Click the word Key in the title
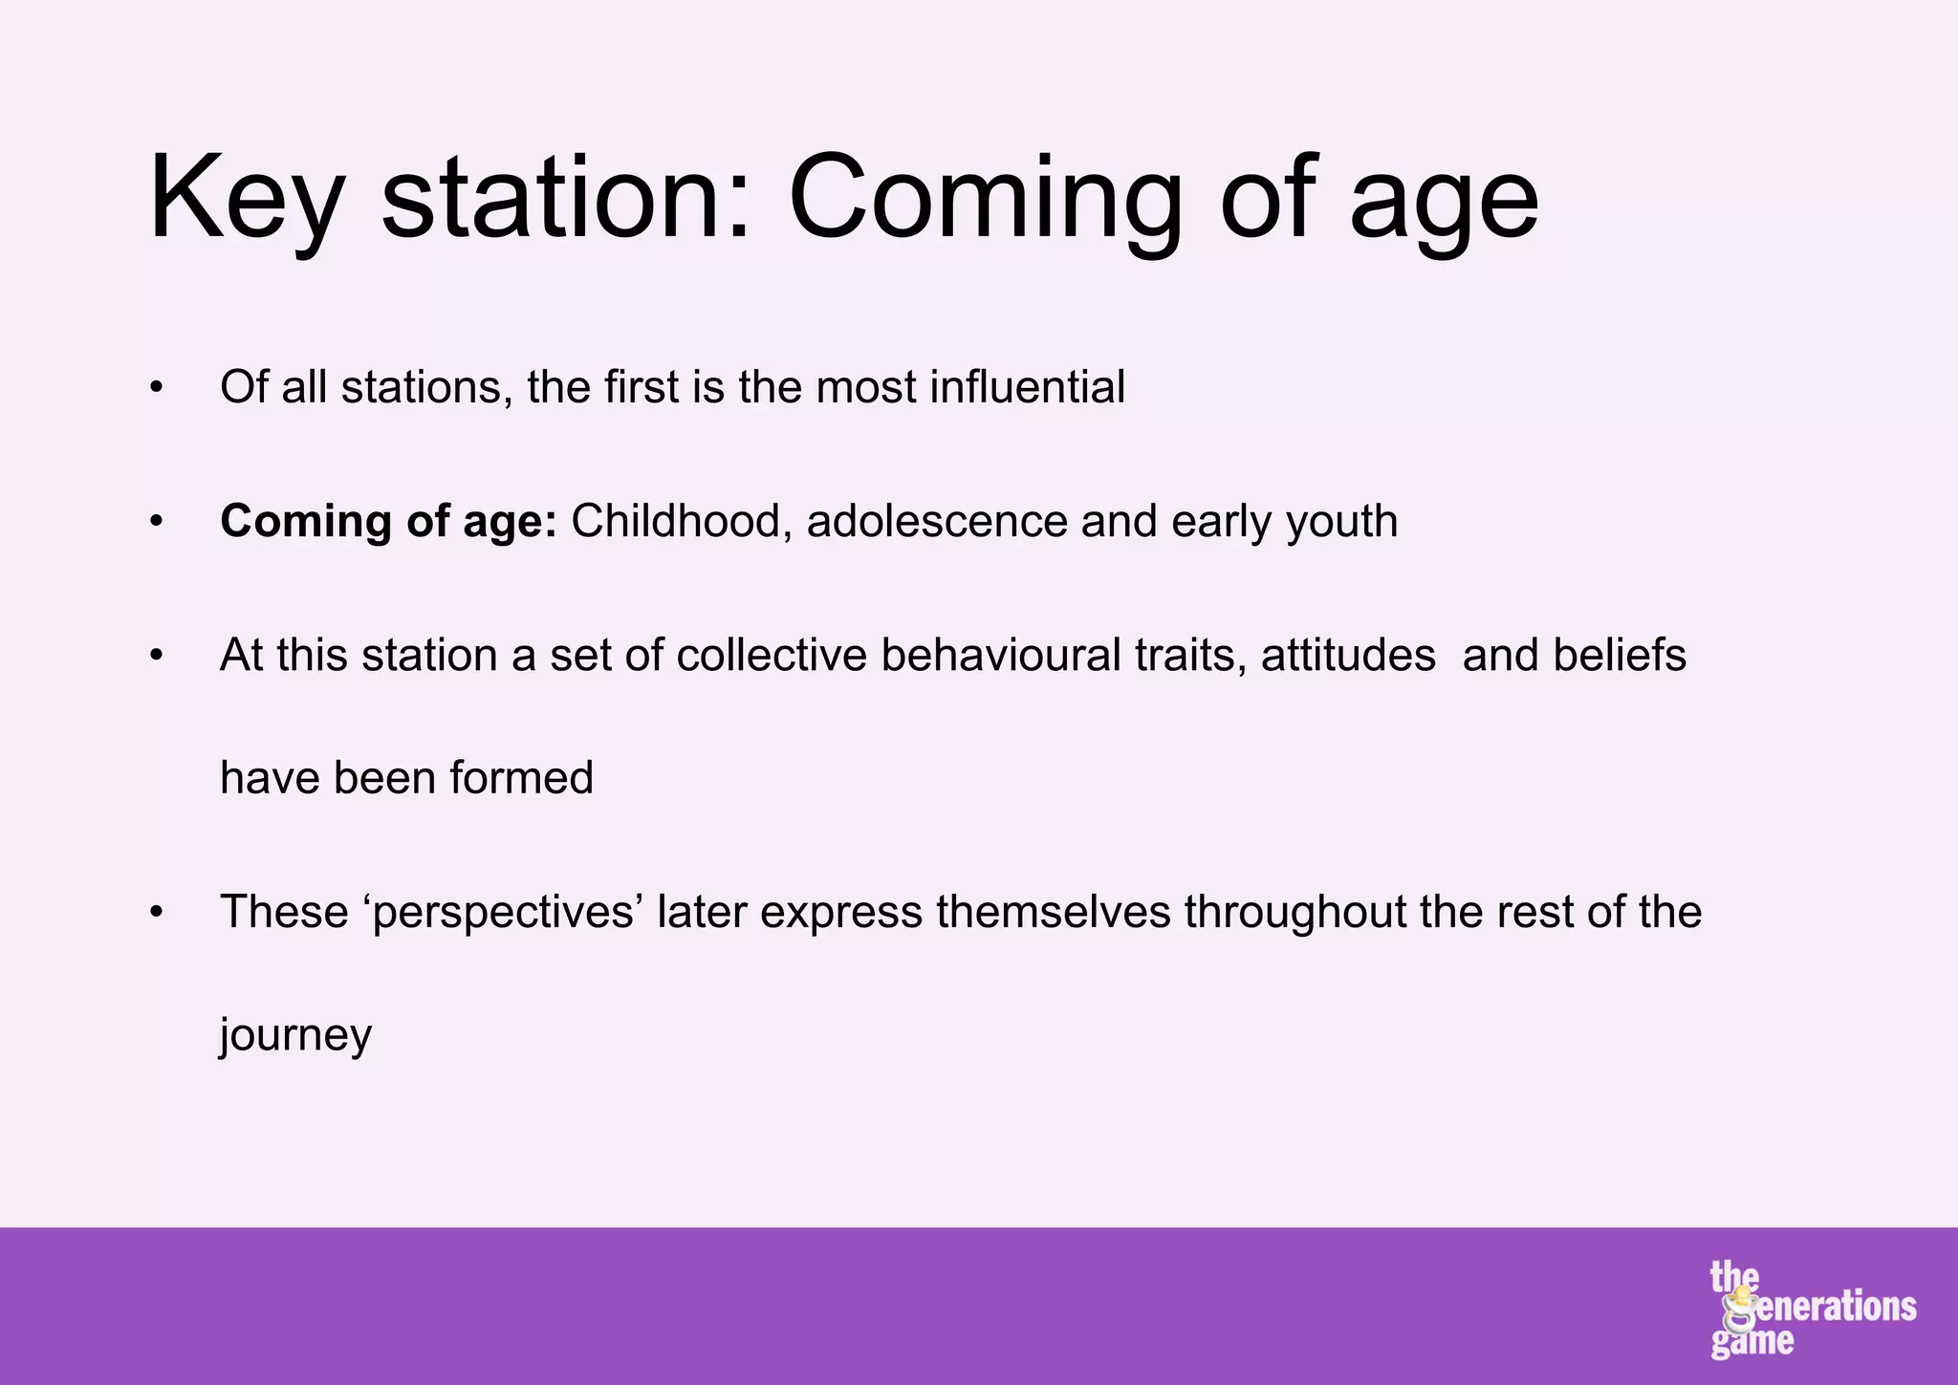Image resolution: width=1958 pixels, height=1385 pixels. click(x=245, y=201)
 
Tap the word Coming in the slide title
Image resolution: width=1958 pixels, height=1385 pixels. click(x=985, y=201)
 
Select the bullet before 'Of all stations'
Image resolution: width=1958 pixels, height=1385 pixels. click(x=157, y=388)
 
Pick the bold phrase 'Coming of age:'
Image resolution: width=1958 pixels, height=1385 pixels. click(x=388, y=522)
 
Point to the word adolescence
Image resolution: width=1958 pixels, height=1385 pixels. click(x=937, y=522)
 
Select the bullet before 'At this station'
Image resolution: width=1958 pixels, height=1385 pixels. click(x=157, y=656)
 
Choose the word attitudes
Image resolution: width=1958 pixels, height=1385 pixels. click(x=1348, y=656)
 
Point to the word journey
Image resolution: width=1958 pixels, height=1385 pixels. click(x=295, y=1035)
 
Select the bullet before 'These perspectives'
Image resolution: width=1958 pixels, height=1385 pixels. click(x=157, y=913)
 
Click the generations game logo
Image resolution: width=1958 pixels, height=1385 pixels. click(x=1811, y=1309)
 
